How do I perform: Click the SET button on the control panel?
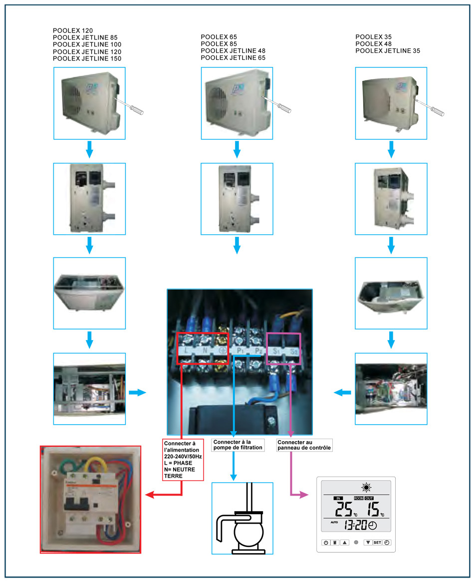(x=377, y=542)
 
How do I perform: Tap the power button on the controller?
(x=325, y=542)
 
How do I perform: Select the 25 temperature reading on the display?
(x=344, y=510)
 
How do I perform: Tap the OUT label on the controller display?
(x=369, y=499)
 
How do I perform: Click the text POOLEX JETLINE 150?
(x=87, y=59)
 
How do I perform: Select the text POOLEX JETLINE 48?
(x=233, y=51)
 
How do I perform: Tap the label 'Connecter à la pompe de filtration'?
(x=237, y=445)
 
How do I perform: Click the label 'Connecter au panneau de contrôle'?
(x=304, y=445)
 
